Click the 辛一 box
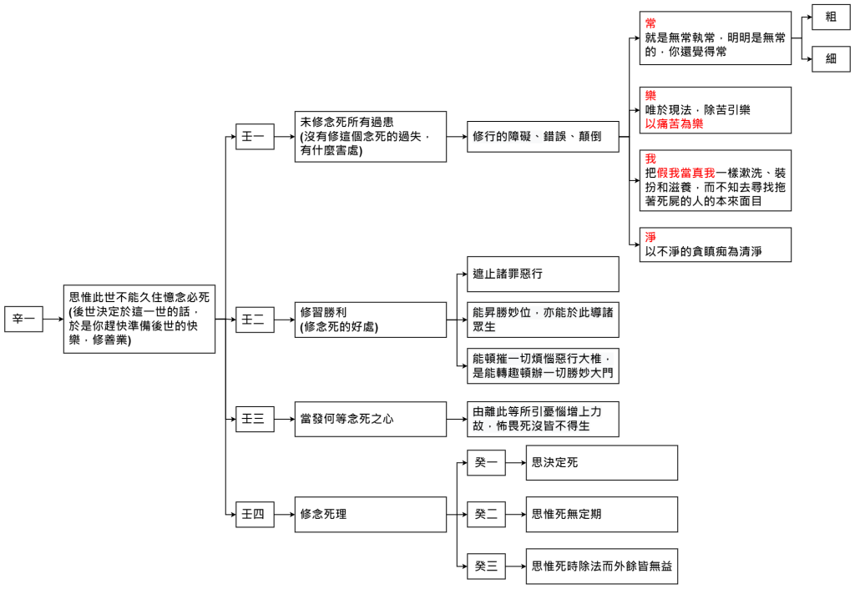23,319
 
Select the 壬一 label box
255,136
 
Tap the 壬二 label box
255,319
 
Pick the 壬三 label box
255,419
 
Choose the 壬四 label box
255,514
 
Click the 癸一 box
486,462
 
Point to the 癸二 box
486,514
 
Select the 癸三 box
486,567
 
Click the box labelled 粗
831,17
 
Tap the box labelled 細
831,58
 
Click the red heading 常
650,23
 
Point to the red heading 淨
650,238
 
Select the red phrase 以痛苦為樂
674,123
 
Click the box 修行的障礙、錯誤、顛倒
543,136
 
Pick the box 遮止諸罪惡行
543,274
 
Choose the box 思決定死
601,462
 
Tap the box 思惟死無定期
601,514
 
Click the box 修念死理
371,514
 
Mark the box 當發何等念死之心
371,419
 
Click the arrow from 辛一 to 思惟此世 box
53,319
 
